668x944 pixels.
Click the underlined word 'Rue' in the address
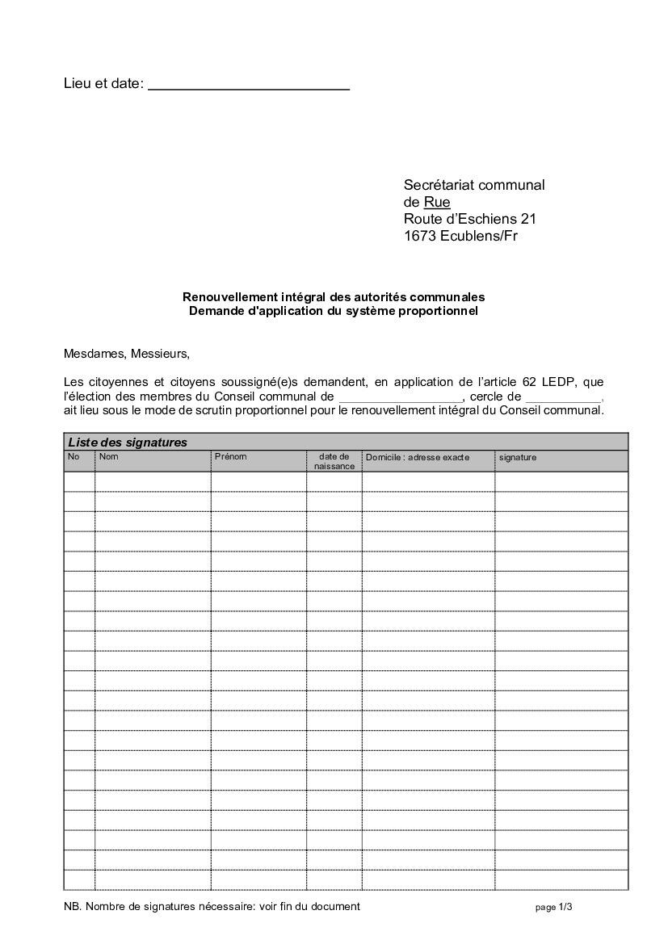click(437, 202)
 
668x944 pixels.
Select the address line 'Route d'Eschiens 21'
click(469, 219)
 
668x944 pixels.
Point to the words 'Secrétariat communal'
click(474, 185)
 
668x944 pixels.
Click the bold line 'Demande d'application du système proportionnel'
click(334, 311)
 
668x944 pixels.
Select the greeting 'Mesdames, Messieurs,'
click(126, 354)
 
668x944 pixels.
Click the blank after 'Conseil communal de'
click(400, 396)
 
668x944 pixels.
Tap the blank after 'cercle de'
click(563, 396)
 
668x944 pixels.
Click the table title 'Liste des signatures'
click(128, 442)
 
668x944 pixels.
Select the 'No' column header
click(74, 457)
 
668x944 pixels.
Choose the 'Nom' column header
click(108, 457)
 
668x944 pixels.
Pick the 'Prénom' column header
click(230, 457)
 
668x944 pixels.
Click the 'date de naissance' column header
click(334, 461)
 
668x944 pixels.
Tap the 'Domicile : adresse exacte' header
click(417, 458)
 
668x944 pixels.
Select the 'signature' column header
click(517, 458)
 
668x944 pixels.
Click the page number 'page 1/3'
click(553, 908)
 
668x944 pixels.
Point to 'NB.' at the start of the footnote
click(72, 906)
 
